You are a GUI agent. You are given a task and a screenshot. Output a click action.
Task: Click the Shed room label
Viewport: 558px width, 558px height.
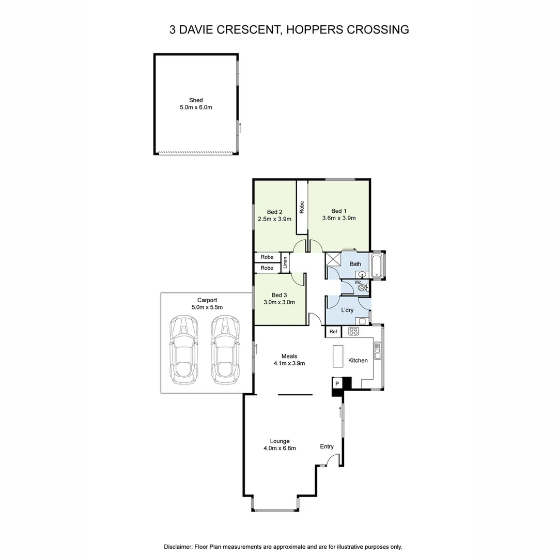196,100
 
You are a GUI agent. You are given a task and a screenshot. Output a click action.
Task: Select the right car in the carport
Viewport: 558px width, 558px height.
225,350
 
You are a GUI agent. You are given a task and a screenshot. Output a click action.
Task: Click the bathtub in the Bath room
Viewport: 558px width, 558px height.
378,266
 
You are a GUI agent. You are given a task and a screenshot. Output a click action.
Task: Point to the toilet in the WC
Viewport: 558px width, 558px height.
363,287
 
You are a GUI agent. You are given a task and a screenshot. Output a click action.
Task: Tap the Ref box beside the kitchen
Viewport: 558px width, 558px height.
333,332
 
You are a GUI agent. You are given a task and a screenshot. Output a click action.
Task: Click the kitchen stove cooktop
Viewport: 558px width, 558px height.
354,331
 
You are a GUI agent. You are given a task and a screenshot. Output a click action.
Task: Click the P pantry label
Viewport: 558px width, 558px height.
337,384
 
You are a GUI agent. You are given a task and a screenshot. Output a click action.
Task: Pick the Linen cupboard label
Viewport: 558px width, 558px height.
285,262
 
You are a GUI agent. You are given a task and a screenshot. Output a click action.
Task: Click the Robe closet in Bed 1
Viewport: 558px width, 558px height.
302,207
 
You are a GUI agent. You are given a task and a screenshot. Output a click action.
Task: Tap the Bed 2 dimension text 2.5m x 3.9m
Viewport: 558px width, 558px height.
274,219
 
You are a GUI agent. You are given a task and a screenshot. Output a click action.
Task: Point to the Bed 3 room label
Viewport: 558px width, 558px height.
279,295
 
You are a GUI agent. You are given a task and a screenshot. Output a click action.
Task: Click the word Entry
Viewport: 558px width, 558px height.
327,446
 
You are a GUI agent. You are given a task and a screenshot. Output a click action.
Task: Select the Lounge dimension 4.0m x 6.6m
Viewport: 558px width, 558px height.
279,448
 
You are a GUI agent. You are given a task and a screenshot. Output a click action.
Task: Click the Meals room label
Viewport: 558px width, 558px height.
289,356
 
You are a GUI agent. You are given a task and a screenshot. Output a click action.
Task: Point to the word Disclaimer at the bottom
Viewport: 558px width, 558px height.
178,547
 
